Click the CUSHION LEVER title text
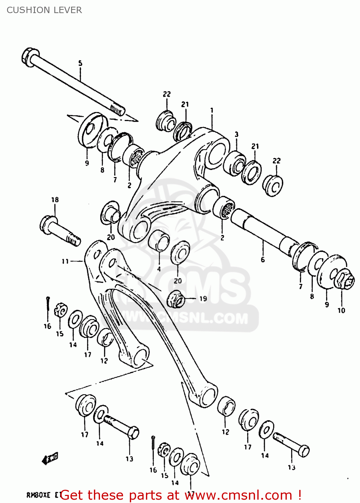(x=44, y=10)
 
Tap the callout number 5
(x=80, y=63)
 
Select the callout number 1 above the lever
(x=212, y=110)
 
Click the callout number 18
(x=55, y=200)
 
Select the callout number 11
(x=65, y=261)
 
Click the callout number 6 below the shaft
(x=263, y=259)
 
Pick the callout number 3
(x=237, y=134)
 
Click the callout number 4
(x=159, y=269)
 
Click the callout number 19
(x=203, y=298)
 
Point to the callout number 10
(x=341, y=311)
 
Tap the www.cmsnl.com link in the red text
(x=239, y=495)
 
